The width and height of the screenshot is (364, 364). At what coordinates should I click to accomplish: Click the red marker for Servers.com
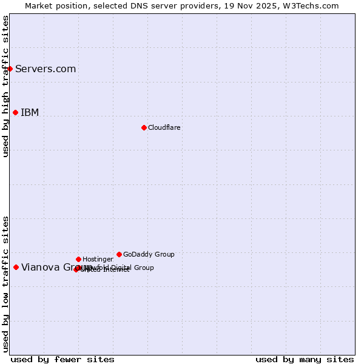coord(10,69)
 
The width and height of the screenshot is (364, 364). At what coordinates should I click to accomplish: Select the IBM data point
coord(15,112)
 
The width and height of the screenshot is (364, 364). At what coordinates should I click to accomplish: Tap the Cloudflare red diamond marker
coord(144,127)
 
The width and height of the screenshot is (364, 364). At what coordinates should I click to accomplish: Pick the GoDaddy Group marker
coord(119,254)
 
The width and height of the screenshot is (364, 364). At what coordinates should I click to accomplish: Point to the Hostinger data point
coord(78,259)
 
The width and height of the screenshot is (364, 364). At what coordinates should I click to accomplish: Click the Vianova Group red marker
coord(16,267)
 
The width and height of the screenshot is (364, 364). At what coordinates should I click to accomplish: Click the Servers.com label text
coord(45,69)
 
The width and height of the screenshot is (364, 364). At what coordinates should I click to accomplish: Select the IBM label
coord(30,112)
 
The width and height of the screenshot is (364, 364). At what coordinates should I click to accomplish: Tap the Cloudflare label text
coord(164,127)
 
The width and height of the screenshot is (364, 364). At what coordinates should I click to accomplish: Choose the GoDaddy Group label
coord(149,254)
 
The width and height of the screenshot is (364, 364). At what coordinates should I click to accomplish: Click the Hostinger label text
coord(98,259)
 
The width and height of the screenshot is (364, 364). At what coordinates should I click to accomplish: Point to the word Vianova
coord(39,267)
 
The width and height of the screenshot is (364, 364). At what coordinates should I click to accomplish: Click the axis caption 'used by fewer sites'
coord(62,359)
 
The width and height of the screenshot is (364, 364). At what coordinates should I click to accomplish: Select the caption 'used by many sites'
coord(305,359)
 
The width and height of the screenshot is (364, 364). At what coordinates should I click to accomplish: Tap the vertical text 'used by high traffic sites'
coord(5,87)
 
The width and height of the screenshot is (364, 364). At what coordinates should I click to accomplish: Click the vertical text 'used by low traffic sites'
coord(5,284)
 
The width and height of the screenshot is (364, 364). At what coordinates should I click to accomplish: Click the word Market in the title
coord(39,5)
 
